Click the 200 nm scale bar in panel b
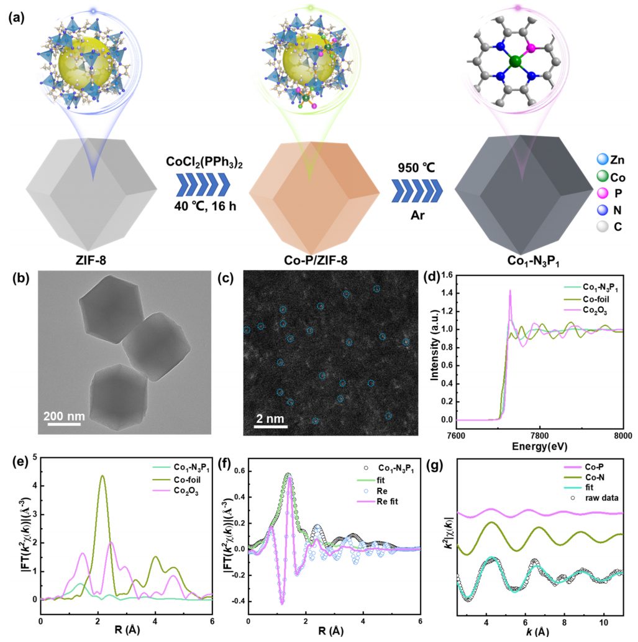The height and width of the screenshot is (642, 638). coord(65,426)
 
